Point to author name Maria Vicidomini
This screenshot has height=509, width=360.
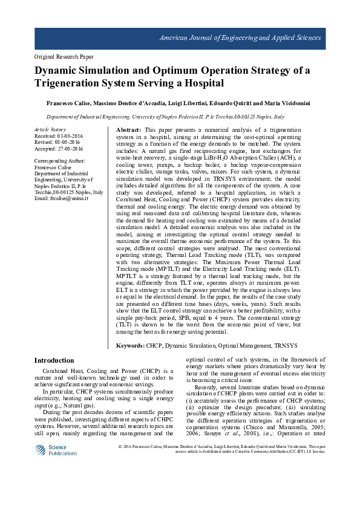coord(287,103)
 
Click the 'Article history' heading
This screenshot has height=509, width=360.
coord(50,130)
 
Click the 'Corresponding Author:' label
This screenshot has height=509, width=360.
coord(60,161)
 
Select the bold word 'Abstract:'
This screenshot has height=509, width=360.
coord(128,130)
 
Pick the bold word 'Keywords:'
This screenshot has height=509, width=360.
coord(130,345)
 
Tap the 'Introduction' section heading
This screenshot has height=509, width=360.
coord(54,360)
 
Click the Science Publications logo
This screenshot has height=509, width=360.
coord(53,451)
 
